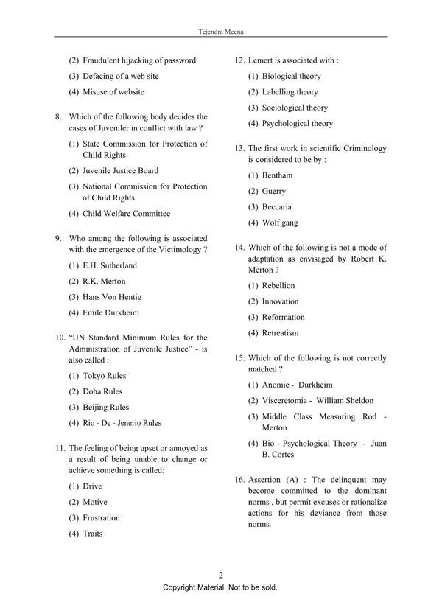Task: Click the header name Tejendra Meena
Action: click(221, 32)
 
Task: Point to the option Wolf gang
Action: click(278, 223)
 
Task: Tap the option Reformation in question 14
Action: click(283, 318)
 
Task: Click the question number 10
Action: click(60, 338)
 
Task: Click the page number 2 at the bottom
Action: click(220, 576)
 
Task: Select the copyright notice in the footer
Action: click(220, 588)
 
